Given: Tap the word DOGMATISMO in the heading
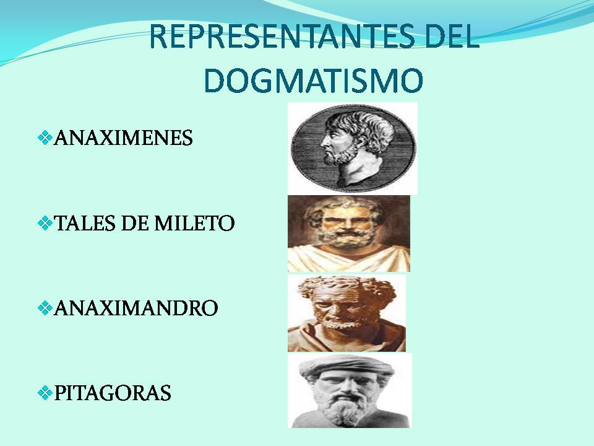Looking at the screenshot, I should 314,81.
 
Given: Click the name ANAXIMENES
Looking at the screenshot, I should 124,138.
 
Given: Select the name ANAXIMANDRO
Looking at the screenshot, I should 136,308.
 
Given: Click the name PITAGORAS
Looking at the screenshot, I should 113,393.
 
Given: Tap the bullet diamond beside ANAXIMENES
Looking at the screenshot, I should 45,138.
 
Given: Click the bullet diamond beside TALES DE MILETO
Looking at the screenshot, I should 45,223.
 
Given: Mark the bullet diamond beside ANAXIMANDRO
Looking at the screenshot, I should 45,308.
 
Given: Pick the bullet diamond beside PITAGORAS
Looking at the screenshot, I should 45,393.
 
